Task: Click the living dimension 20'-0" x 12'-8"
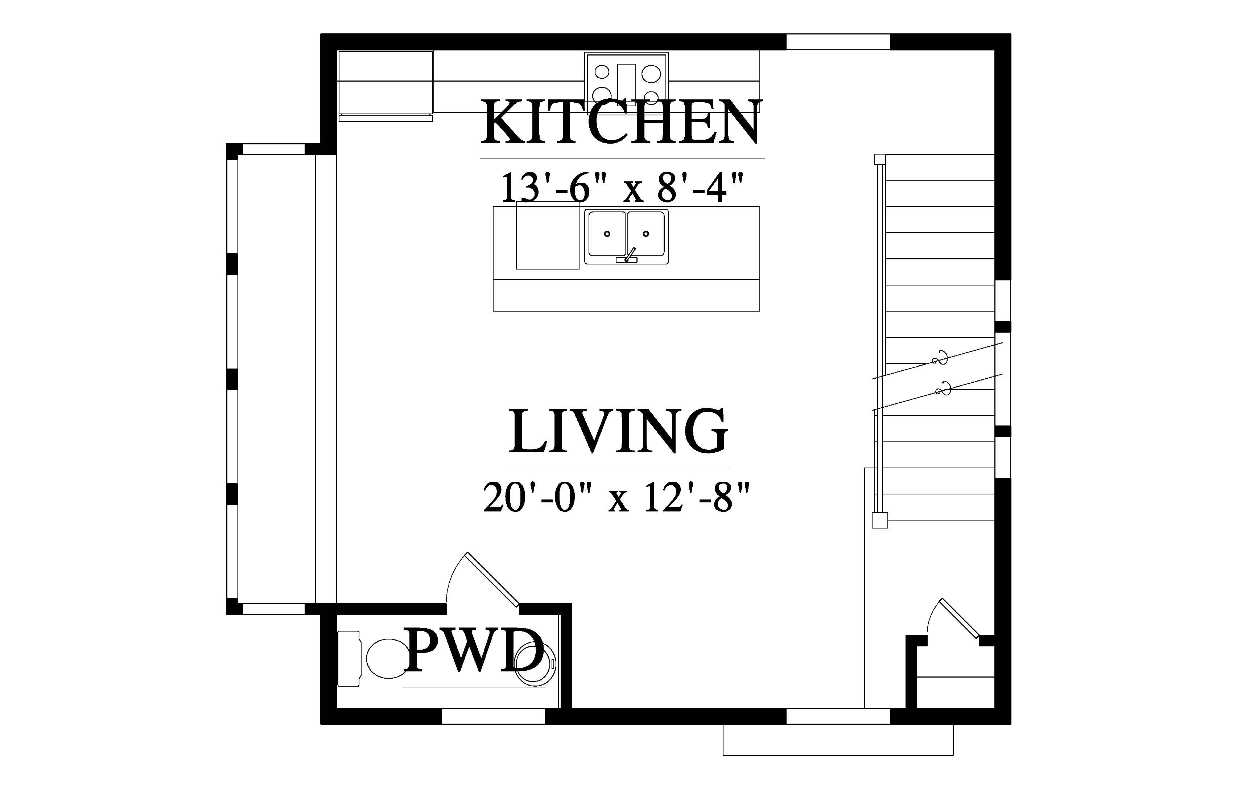pos(616,497)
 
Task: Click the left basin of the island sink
pos(607,233)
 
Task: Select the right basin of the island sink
pos(646,233)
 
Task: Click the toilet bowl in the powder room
pos(387,659)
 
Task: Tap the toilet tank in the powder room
pos(349,659)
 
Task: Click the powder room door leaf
pos(492,579)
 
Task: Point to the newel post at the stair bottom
pos(880,520)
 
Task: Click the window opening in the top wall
pos(838,42)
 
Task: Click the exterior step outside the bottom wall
pos(838,740)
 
